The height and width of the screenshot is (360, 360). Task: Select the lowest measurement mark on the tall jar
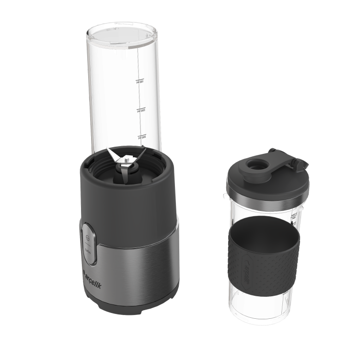pyautogui.click(x=140, y=137)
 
